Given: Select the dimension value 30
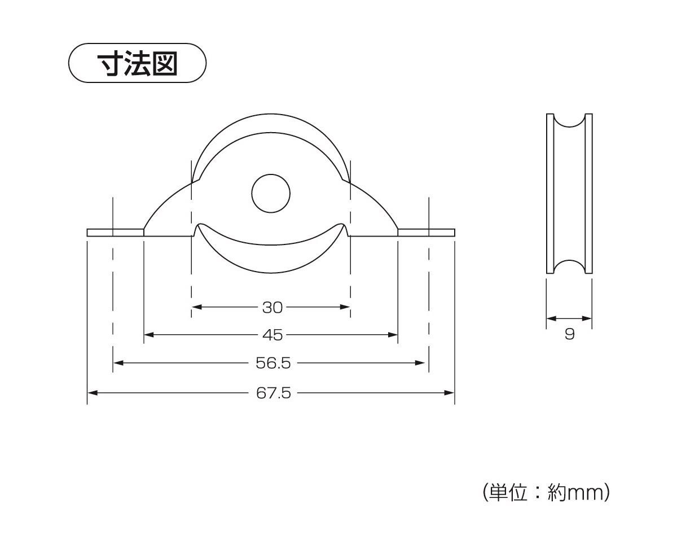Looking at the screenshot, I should (272, 307).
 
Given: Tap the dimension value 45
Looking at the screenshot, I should (272, 335).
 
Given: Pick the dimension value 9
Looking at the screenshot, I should (569, 334).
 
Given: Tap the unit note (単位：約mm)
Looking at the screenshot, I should (546, 493).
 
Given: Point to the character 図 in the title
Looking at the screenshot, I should (164, 63).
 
